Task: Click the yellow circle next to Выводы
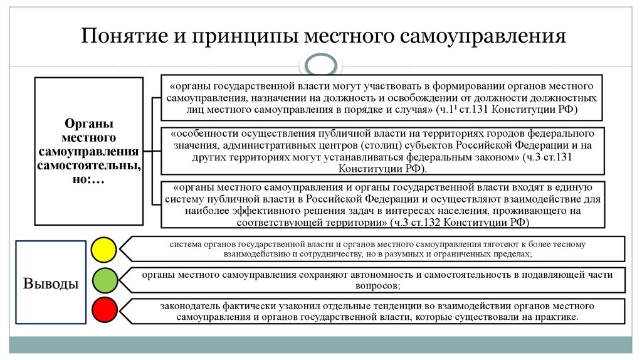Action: [104, 249]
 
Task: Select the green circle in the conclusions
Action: [104, 280]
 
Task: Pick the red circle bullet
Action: [104, 310]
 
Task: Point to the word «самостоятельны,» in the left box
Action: [88, 166]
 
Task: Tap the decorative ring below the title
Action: [320, 65]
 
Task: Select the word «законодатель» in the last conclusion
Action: [190, 306]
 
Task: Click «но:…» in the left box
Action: [88, 181]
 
